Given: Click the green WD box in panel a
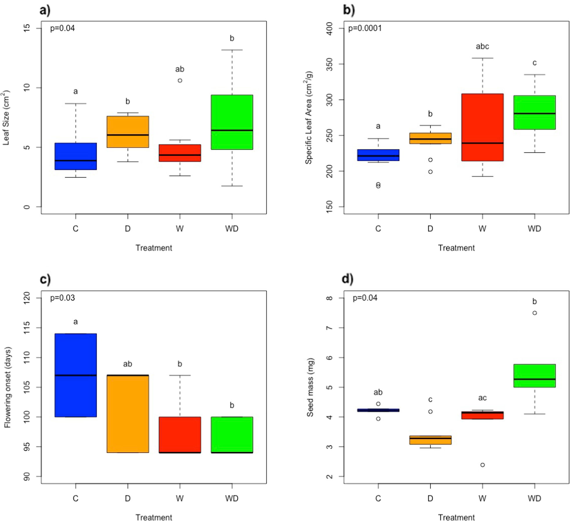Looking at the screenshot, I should point(232,122).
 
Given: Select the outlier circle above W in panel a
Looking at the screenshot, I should point(180,80).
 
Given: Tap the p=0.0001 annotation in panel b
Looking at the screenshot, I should point(365,28).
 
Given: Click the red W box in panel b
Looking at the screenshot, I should point(482,127).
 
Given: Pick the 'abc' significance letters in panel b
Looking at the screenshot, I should point(482,46).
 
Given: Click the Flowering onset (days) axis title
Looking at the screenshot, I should point(8,387).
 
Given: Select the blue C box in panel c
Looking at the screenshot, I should point(75,375).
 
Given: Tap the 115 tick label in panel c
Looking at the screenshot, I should point(27,328).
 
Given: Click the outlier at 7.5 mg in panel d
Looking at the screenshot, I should point(535,313).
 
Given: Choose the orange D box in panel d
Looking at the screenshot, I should point(430,440).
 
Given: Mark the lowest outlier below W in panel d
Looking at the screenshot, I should point(482,465).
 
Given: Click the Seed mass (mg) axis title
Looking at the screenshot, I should point(310,387).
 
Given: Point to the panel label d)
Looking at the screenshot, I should point(348,279).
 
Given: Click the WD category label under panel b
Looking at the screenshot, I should point(534,229).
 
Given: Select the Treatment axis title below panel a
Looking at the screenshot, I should point(154,248).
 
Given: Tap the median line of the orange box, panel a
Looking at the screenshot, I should point(128,135).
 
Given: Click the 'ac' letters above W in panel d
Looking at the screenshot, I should point(482,398).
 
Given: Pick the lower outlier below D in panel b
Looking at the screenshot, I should point(430,172).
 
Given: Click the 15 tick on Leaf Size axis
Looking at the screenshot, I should point(27,28).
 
